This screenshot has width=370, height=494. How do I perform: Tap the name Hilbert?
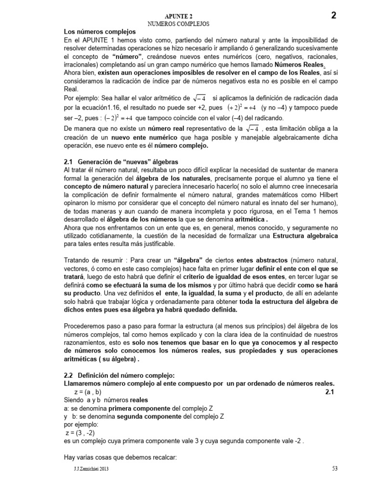coord(326,194)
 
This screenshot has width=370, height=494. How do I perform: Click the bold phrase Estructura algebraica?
coord(305,235)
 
